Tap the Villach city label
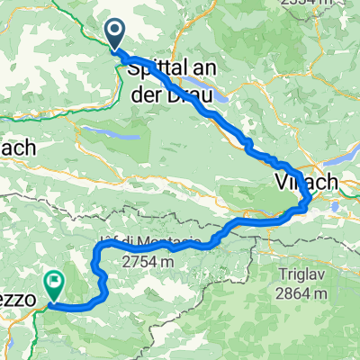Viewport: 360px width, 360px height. pos(306,181)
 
